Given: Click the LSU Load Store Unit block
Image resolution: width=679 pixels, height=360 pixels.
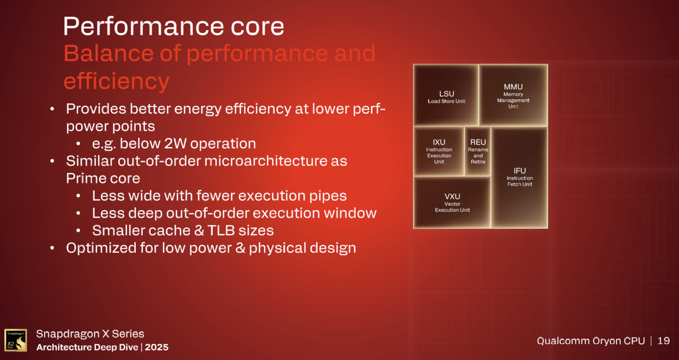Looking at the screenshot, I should click(x=446, y=95).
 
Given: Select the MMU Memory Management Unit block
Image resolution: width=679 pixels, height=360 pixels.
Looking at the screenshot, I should click(x=513, y=95).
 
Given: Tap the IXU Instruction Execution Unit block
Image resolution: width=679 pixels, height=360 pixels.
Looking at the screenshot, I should click(x=439, y=151).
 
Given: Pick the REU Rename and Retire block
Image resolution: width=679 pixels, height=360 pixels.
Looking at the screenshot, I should click(x=478, y=151).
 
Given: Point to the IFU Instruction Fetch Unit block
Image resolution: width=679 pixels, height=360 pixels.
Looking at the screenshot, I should click(x=519, y=177).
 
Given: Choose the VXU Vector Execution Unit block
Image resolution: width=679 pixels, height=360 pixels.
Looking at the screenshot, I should click(x=452, y=202).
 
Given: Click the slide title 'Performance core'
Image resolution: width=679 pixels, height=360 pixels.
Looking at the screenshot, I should click(x=174, y=26).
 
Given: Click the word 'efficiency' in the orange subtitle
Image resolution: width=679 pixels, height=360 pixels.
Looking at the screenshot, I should click(x=116, y=81).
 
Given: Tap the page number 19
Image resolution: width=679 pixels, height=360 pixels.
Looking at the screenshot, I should click(x=663, y=341).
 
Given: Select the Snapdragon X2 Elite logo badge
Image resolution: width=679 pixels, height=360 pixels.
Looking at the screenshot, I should click(x=16, y=340).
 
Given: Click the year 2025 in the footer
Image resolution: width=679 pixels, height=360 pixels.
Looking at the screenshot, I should click(x=157, y=347).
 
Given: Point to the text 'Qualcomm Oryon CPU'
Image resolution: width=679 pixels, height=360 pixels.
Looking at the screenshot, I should click(x=590, y=341).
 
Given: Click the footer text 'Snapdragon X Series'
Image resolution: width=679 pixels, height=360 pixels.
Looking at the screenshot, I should click(x=90, y=334).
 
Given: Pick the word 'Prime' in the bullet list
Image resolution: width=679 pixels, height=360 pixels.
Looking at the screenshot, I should click(x=87, y=178).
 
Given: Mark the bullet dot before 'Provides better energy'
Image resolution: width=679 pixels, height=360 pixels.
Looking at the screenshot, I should click(x=53, y=109).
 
